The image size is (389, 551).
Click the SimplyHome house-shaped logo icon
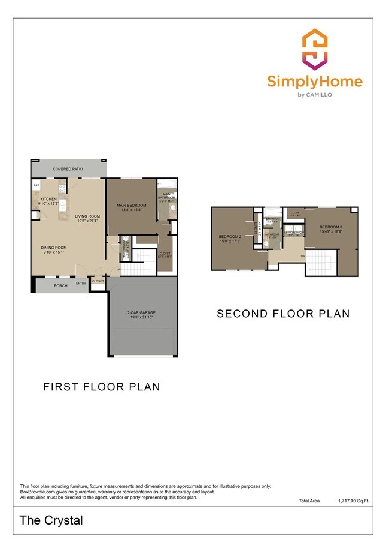tap(314, 50)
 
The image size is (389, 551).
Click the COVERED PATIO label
tap(68, 169)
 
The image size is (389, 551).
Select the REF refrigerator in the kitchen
tap(36, 186)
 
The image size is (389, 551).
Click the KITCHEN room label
tap(48, 198)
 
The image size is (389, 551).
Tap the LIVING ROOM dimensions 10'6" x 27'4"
tap(87, 221)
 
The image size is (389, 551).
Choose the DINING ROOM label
tap(54, 248)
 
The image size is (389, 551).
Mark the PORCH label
tap(60, 285)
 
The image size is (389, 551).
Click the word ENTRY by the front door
tap(81, 283)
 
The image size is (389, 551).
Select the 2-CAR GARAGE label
tap(142, 313)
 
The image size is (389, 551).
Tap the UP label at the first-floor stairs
tap(118, 269)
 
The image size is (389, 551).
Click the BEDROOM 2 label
tap(230, 236)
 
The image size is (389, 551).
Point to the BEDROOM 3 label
tap(331, 227)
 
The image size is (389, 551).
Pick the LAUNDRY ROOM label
tap(294, 232)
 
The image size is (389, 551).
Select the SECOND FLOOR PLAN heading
tap(282, 314)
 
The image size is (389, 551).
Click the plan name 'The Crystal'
tap(51, 520)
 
